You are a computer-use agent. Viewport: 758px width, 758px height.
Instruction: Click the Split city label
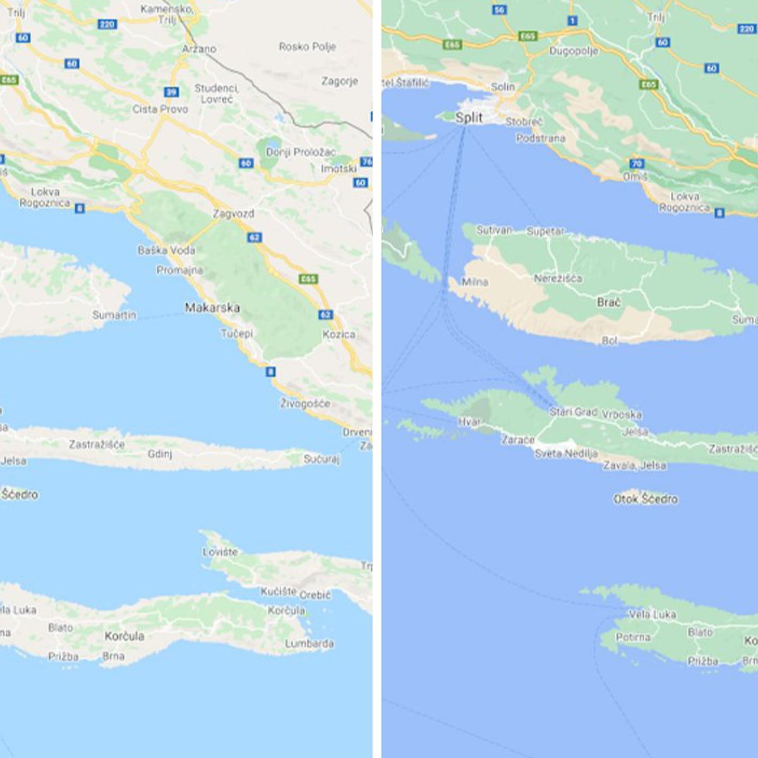tap(469, 117)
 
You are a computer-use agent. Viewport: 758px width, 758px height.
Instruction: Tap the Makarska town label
tap(212, 308)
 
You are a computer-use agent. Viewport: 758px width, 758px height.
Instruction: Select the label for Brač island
tap(608, 303)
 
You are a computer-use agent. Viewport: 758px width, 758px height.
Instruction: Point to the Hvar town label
tap(469, 422)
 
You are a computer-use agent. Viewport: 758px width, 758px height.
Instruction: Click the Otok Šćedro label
tap(645, 499)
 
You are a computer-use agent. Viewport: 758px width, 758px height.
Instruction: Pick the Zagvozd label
tap(233, 214)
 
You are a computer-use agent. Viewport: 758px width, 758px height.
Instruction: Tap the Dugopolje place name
tap(573, 51)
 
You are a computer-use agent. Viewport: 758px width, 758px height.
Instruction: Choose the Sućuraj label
tap(322, 459)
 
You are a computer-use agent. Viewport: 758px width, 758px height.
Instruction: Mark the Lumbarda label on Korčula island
tap(309, 644)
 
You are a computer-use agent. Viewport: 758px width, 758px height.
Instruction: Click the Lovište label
tap(220, 552)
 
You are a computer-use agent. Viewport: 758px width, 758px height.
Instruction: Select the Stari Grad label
tap(573, 412)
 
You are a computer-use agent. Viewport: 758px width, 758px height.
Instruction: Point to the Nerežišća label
tap(558, 279)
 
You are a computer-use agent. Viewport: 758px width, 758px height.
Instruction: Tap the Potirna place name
tap(632, 637)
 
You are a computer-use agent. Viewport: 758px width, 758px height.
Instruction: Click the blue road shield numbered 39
tap(171, 92)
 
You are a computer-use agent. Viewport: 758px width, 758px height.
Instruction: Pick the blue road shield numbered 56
tap(500, 9)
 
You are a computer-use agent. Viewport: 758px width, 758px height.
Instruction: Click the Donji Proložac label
tap(301, 152)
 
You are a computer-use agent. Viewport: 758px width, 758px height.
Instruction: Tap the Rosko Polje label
tap(307, 47)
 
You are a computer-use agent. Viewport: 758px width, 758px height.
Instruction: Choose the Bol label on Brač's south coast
tap(610, 341)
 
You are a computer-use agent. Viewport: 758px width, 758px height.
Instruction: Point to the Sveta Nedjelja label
tap(566, 454)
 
